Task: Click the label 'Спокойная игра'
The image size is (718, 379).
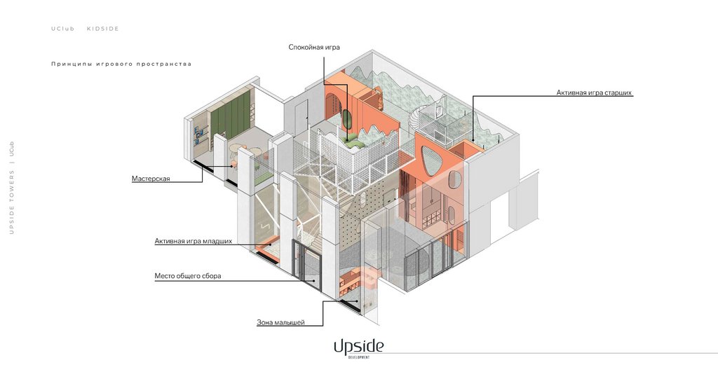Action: point(314,48)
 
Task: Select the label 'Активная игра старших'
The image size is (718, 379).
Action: point(595,92)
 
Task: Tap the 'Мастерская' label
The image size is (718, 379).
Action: point(151,179)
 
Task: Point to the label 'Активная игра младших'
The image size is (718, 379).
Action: point(193,241)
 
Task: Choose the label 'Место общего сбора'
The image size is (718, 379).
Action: point(188,276)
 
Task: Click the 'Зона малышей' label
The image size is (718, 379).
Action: point(280,322)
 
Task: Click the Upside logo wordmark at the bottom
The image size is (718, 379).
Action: point(358,345)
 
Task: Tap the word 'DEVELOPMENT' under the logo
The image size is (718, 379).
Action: point(358,357)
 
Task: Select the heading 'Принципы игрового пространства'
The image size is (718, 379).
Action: point(121,64)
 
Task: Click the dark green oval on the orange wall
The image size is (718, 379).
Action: point(346,117)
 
